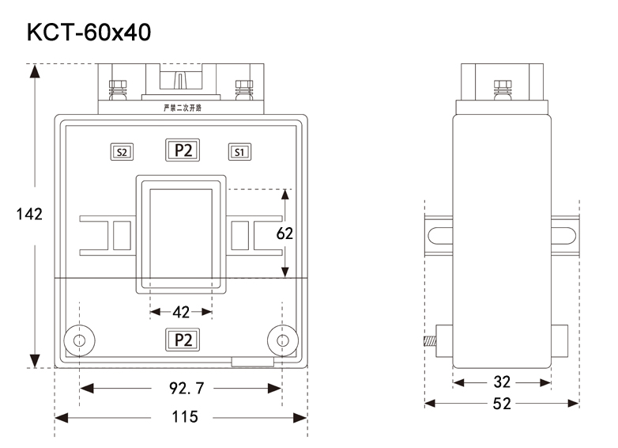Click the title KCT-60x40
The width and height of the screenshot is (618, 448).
[x=89, y=32]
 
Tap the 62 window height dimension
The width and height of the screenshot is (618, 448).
[x=285, y=233]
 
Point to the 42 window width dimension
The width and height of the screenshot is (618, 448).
[x=181, y=312]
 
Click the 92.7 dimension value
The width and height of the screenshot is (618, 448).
[x=182, y=389]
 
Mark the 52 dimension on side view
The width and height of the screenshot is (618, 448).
[x=502, y=404]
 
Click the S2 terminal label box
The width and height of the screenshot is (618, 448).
[x=122, y=150]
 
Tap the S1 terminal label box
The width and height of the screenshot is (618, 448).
[x=240, y=150]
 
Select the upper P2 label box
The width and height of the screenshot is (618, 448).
[x=183, y=150]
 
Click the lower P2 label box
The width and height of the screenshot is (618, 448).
[x=183, y=340]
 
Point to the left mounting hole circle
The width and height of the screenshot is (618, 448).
[x=79, y=340]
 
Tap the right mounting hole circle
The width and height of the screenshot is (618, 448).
[x=281, y=340]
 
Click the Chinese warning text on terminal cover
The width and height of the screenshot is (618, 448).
[x=182, y=108]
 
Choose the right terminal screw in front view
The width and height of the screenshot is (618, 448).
[x=243, y=89]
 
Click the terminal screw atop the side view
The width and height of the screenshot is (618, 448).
[x=502, y=89]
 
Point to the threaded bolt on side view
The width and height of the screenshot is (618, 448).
[x=429, y=343]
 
